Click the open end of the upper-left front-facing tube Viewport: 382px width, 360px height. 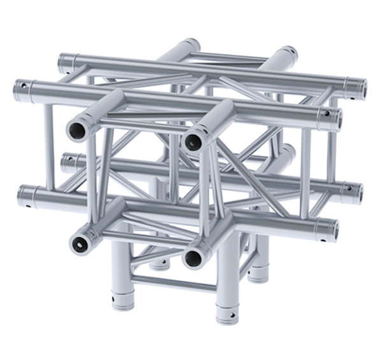tap(77, 131)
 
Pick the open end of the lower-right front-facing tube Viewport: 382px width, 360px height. tap(194, 257)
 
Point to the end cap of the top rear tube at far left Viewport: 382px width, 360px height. tap(64, 62)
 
